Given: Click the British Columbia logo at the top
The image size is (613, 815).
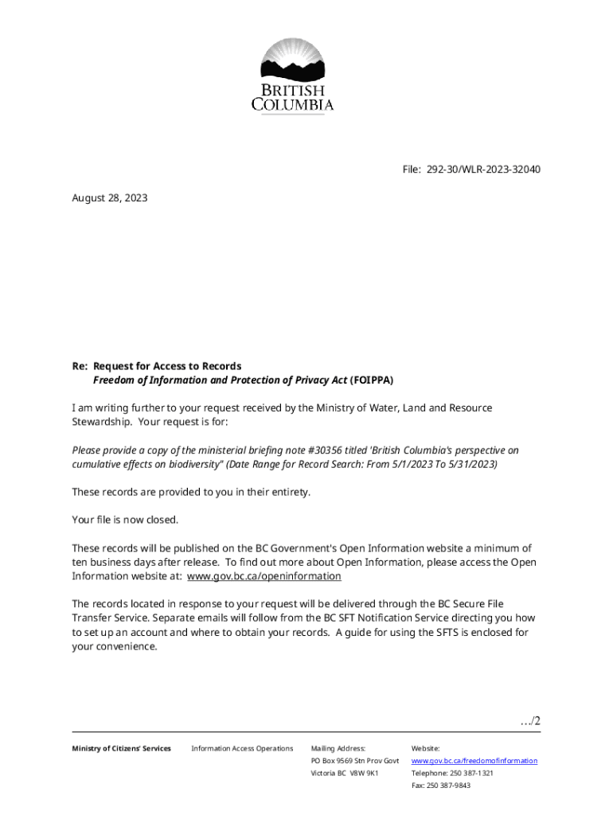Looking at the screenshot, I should click(292, 76).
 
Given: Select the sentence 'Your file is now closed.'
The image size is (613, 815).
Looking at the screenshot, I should click(126, 520).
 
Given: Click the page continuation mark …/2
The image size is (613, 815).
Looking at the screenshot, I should click(529, 721).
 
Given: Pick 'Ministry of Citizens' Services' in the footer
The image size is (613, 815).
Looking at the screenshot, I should click(121, 748).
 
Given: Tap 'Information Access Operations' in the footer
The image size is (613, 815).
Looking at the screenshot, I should click(242, 748).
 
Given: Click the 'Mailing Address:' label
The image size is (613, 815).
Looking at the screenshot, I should click(338, 748).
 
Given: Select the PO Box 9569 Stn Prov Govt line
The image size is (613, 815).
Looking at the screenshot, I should click(355, 761).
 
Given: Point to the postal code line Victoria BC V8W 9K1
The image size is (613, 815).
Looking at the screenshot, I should click(345, 774).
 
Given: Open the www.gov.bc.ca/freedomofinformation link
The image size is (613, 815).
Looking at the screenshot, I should click(474, 761).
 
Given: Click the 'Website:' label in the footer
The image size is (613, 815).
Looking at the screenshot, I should click(425, 748).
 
